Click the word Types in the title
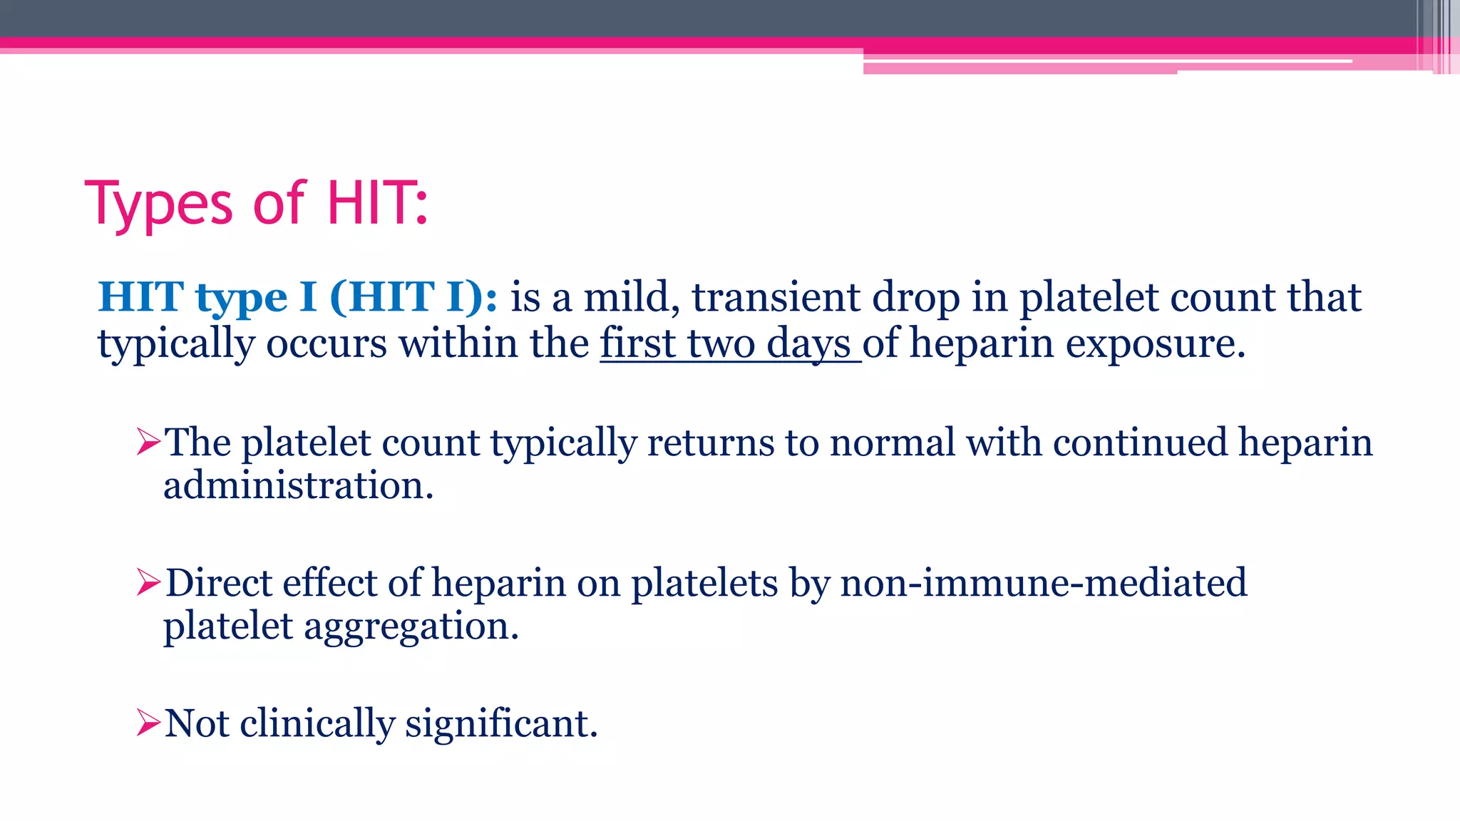[x=159, y=205]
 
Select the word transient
[x=776, y=297]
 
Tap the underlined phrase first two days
[x=729, y=344]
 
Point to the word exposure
[x=1155, y=344]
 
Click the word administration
[x=298, y=486]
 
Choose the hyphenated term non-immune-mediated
[x=1044, y=583]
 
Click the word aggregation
[x=411, y=627]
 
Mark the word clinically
[x=317, y=723]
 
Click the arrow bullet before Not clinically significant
[x=148, y=723]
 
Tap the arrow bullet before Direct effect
[x=148, y=584]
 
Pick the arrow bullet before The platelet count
[x=148, y=443]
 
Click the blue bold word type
[x=241, y=299]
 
